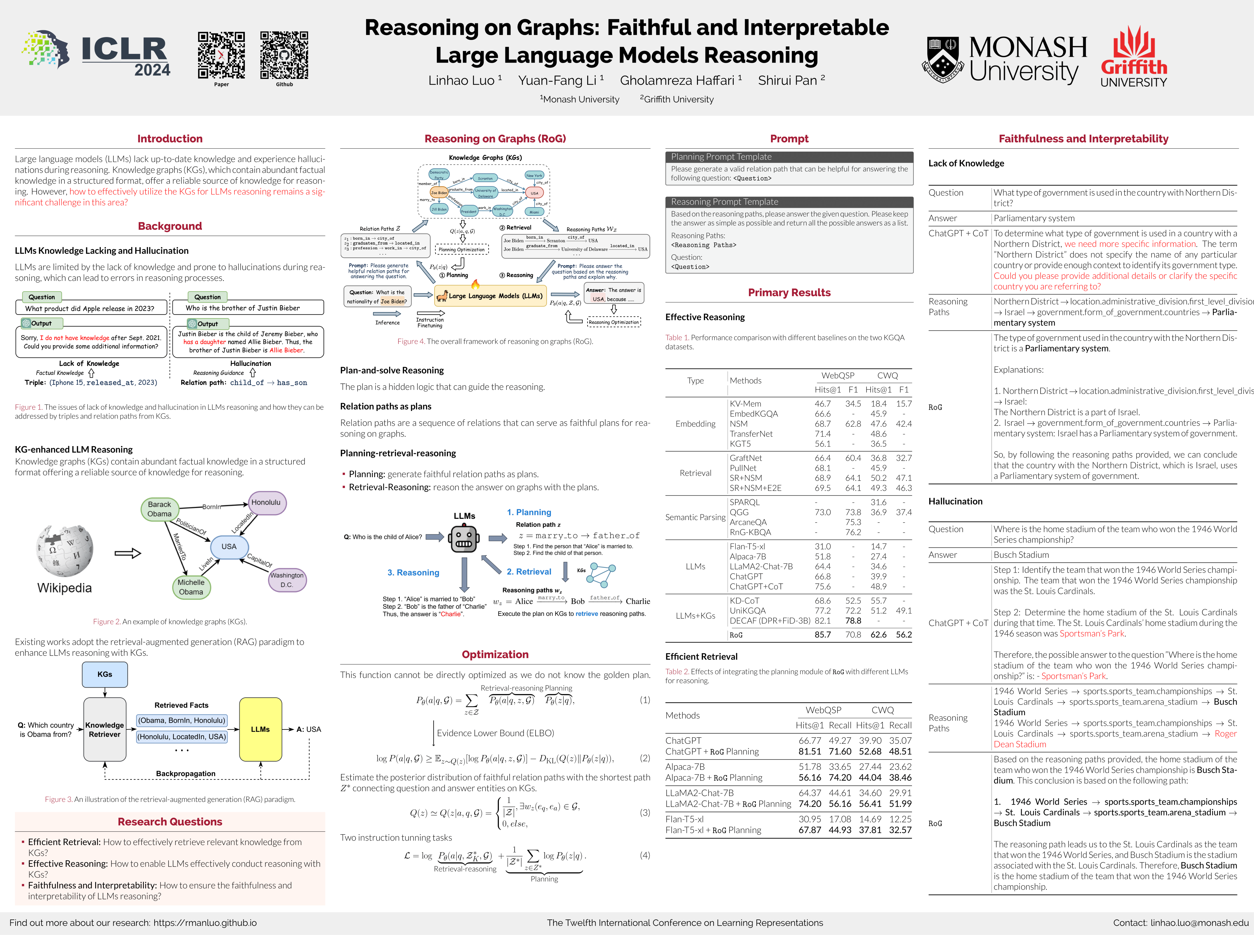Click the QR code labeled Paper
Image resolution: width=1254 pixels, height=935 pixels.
(222, 55)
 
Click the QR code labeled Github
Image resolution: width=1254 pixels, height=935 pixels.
(284, 55)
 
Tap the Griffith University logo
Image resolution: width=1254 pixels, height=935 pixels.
(1134, 56)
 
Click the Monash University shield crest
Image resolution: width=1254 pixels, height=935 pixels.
(942, 59)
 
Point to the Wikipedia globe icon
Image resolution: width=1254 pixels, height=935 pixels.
(65, 550)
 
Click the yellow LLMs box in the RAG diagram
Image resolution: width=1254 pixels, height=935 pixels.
(260, 729)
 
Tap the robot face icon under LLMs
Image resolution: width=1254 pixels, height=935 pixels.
(464, 539)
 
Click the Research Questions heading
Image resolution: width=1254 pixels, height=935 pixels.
(170, 822)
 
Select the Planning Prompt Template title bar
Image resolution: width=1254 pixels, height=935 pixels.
(789, 157)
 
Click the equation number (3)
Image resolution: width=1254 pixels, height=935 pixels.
(645, 812)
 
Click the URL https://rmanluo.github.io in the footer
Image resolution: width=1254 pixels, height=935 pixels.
(205, 923)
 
